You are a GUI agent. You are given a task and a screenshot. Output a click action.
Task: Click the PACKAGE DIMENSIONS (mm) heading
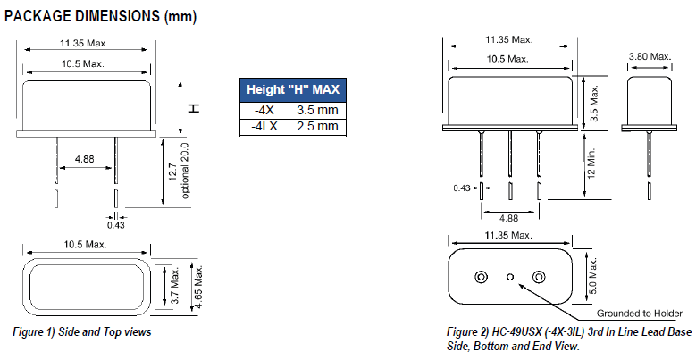point(101,16)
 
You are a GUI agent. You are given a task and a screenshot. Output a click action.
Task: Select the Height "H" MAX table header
point(293,90)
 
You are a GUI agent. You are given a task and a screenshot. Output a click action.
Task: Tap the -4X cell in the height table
point(264,110)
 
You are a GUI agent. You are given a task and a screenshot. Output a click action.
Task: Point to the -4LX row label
point(264,127)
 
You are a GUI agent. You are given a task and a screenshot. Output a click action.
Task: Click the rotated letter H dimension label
point(193,107)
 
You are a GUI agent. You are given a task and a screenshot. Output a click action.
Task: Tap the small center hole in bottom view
point(510,277)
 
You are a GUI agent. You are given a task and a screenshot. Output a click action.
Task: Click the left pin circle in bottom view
point(482,277)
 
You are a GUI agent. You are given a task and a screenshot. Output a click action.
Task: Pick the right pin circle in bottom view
point(539,277)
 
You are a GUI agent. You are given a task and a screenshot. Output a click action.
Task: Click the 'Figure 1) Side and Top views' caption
point(81,332)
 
